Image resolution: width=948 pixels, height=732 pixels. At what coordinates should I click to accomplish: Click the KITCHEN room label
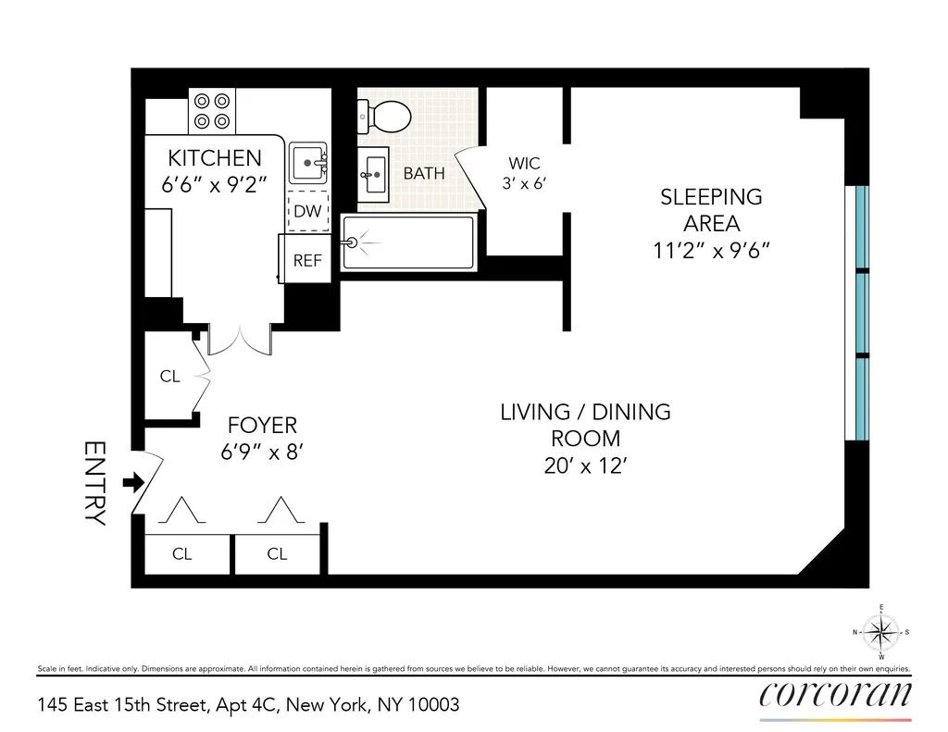click(215, 158)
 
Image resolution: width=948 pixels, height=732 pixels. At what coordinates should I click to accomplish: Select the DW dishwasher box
click(307, 211)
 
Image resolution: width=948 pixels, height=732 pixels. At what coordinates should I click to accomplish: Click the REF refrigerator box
click(306, 260)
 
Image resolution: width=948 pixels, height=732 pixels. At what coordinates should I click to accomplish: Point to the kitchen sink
click(308, 164)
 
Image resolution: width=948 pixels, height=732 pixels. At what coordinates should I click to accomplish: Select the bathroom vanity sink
click(375, 172)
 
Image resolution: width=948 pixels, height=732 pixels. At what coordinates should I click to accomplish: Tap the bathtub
click(408, 242)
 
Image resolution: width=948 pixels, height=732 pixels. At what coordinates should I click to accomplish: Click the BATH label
click(423, 173)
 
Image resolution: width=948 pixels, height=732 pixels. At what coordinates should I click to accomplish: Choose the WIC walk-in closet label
click(524, 164)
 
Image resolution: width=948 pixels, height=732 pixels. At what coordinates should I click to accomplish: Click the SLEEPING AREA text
click(711, 210)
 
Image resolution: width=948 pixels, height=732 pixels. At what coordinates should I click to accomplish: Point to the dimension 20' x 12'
click(585, 466)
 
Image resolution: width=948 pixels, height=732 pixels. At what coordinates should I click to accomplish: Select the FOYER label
click(263, 425)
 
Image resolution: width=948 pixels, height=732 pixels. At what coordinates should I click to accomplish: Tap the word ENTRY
click(95, 483)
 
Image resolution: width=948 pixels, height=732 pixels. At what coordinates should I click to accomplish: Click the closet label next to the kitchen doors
click(169, 377)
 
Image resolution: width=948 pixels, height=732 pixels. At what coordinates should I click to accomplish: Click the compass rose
click(880, 632)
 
